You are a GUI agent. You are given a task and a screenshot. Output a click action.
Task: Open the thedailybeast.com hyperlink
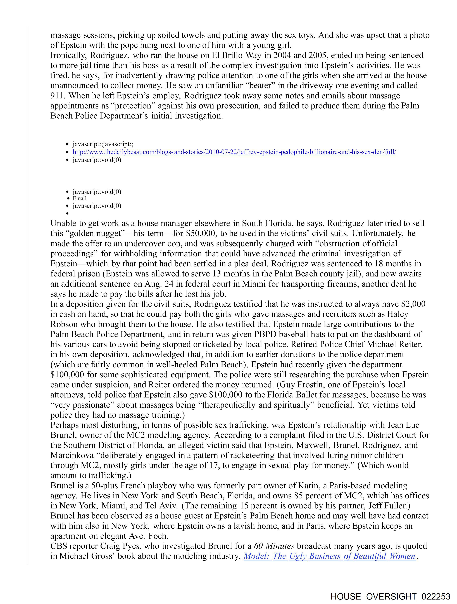pyautogui.click(x=234, y=152)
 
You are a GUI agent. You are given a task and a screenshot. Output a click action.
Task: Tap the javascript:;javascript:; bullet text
pyautogui.click(x=103, y=144)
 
